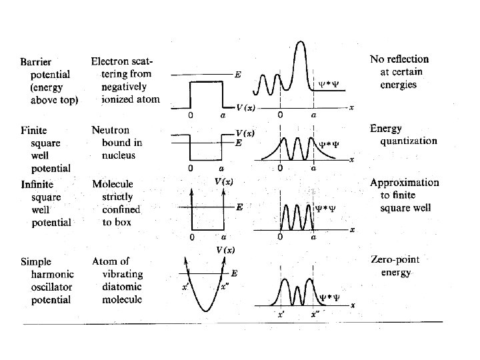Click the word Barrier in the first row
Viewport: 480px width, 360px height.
(35, 61)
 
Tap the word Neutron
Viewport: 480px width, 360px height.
(111, 130)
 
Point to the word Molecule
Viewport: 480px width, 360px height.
(113, 184)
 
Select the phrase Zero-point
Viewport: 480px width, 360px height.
(399, 259)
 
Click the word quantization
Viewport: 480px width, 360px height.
(409, 141)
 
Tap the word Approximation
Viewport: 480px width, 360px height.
(405, 183)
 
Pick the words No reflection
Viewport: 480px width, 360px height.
(399, 60)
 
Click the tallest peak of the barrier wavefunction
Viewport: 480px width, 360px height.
(301, 44)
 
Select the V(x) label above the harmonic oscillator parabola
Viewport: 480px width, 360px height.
(225, 250)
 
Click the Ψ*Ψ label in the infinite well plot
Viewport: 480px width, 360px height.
(325, 207)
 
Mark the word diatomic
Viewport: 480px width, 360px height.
(121, 287)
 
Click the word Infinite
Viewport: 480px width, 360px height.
(37, 184)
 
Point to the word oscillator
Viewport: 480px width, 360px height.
(51, 287)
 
